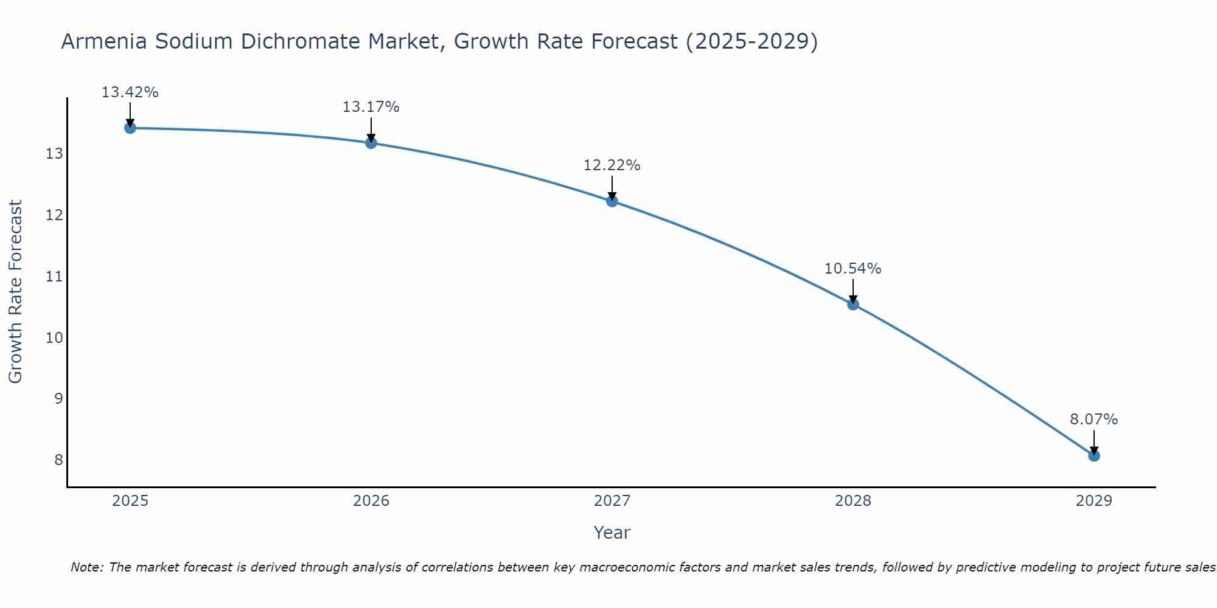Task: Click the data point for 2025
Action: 130,128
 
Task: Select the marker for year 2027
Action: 612,201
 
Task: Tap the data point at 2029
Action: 1094,455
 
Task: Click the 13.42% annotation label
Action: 130,92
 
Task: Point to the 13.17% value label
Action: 371,107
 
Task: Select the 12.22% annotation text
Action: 612,165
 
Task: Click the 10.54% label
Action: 853,269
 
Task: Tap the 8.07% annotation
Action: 1093,420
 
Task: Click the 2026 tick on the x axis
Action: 371,501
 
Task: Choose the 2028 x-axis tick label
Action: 853,501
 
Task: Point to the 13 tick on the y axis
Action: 54,154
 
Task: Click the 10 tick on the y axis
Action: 54,337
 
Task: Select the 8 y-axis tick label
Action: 58,460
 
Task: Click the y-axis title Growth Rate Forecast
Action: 16,292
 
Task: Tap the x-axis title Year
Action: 612,533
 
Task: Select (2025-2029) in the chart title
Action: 751,41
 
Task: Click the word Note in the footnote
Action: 86,567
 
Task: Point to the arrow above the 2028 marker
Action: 853,291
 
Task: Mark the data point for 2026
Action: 371,143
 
